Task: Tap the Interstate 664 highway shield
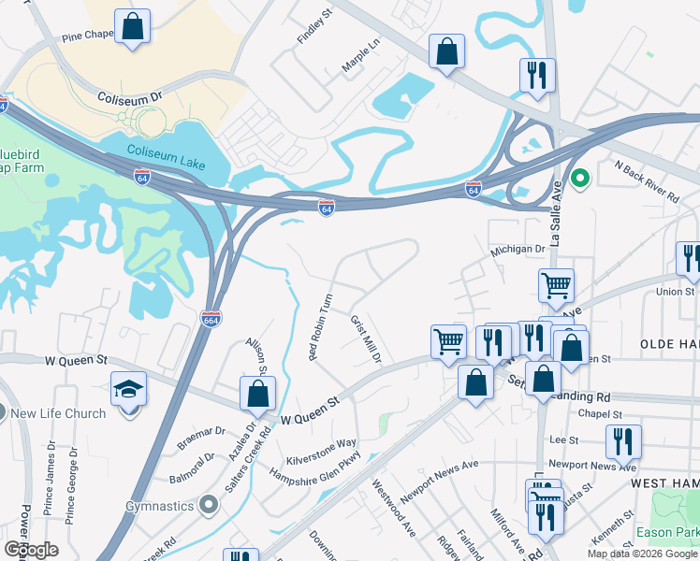point(211,320)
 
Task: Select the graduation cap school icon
point(129,391)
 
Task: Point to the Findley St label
point(314,28)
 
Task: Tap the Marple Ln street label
point(361,57)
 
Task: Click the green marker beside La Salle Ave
point(580,178)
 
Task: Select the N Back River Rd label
point(646,181)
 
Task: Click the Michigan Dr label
point(518,250)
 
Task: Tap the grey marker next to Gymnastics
point(208,506)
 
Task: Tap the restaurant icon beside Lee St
point(622,440)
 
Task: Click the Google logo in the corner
point(31,549)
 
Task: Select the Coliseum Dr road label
point(130,96)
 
